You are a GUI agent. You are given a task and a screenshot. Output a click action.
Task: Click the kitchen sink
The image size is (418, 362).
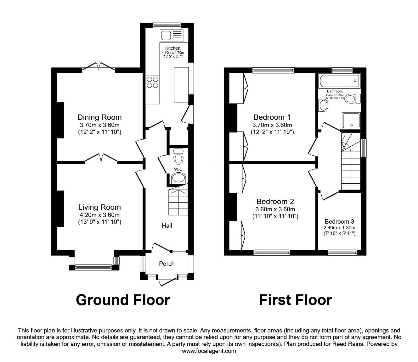[172, 36]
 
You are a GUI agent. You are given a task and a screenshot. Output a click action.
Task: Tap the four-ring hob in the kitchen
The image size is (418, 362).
[152, 82]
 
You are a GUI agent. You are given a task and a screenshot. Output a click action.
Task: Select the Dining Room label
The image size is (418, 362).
[99, 117]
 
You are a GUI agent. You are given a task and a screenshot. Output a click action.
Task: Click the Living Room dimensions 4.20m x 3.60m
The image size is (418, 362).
[99, 215]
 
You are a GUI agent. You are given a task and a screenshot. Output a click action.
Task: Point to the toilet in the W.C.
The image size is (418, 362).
[178, 156]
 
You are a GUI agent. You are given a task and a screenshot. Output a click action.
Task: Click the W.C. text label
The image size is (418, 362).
[179, 170]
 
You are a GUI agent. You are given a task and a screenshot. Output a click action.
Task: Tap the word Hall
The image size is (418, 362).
[167, 226]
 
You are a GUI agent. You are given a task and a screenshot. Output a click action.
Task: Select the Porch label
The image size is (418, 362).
[167, 264]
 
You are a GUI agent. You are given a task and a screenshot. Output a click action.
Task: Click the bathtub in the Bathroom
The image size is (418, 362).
[339, 81]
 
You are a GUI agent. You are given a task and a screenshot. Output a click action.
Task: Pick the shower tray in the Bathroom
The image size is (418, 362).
[351, 121]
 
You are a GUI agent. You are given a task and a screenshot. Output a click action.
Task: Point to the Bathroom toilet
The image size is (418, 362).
[353, 99]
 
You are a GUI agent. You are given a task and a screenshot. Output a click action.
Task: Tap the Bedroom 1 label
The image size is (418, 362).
[272, 117]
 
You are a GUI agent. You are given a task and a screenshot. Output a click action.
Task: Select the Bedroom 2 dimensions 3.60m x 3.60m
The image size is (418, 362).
[275, 209]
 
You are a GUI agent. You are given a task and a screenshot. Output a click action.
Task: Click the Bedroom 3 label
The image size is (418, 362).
[339, 221]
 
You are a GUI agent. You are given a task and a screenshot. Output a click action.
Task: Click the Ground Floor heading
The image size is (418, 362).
[123, 300]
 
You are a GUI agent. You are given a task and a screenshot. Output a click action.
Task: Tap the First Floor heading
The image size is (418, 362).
[296, 300]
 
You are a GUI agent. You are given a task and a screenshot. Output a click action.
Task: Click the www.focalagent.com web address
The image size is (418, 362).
[209, 351]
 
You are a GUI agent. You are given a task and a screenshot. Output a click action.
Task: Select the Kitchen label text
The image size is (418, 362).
[173, 48]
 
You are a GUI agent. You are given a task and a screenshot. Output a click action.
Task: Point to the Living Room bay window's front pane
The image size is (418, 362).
[93, 268]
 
